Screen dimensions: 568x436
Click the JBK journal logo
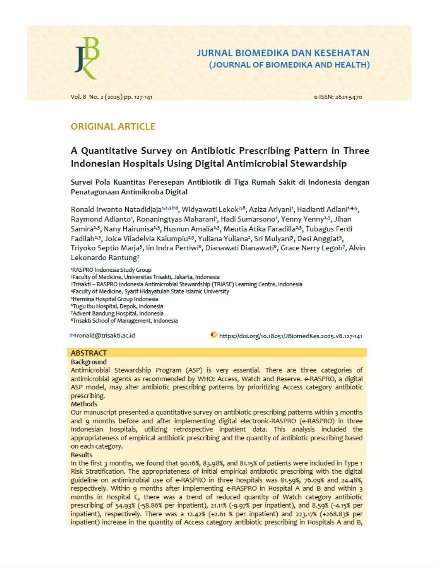(87, 58)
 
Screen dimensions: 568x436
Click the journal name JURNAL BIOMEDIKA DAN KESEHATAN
(283, 53)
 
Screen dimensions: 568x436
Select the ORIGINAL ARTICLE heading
(113, 127)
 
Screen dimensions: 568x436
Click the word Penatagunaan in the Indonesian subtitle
(95, 192)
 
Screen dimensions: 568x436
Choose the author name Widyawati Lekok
(210, 210)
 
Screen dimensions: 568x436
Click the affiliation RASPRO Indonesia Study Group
(112, 270)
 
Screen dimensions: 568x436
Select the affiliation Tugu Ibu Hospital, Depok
(118, 306)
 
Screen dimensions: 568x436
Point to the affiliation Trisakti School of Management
(125, 320)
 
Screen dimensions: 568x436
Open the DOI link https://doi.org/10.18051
(290, 336)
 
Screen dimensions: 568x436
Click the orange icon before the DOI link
(214, 335)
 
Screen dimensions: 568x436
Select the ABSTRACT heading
(89, 353)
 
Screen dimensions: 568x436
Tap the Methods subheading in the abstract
(84, 404)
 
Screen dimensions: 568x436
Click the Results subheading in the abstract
(81, 455)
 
